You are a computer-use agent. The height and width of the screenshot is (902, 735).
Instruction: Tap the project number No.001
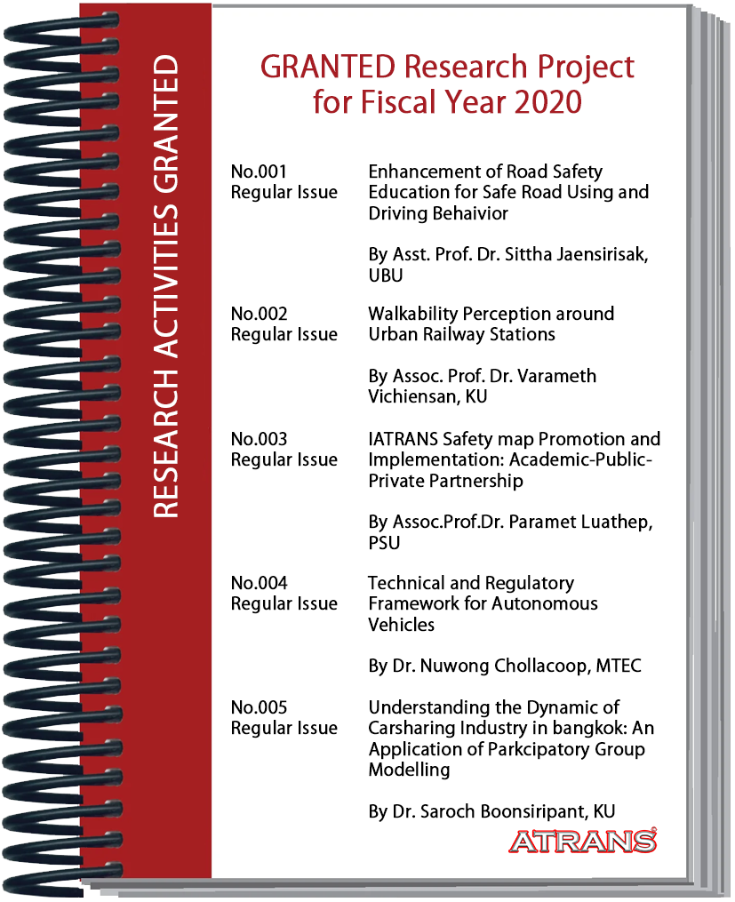coord(259,172)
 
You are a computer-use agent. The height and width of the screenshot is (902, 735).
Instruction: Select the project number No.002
coord(260,314)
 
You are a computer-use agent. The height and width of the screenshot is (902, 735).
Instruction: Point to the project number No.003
coord(260,439)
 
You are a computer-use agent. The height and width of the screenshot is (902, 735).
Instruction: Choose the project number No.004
coord(260,583)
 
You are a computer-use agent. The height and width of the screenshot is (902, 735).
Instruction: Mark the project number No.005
coord(260,707)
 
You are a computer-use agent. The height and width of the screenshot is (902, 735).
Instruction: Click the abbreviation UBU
coord(386,275)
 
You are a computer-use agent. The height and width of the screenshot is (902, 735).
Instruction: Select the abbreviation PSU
coord(384,542)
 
